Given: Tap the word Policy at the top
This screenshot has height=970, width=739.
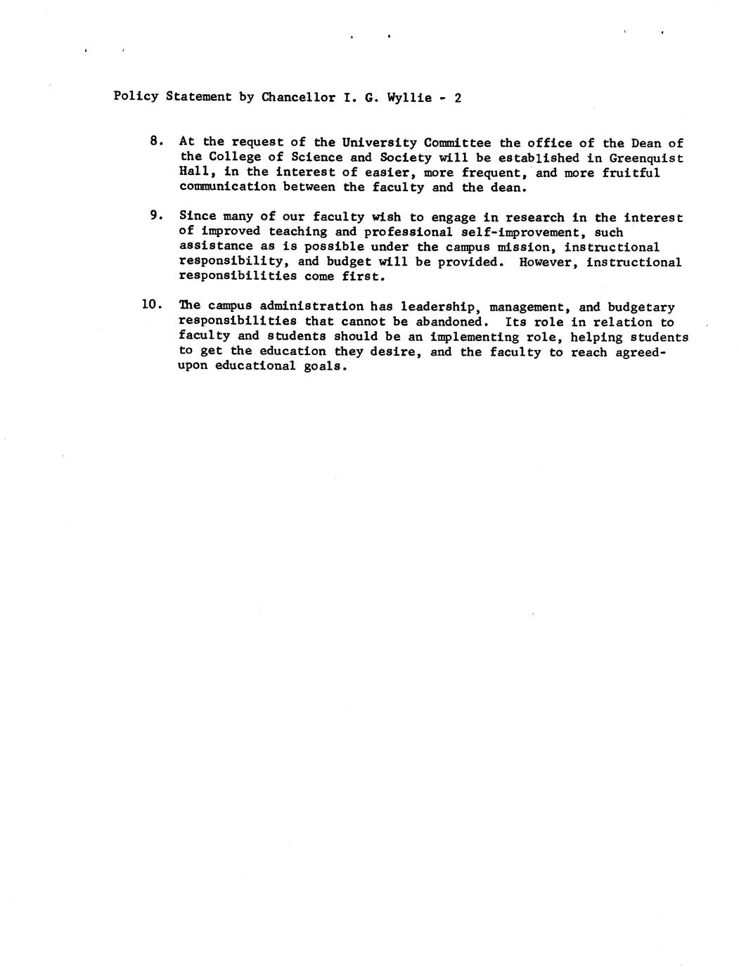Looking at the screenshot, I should pyautogui.click(x=136, y=96).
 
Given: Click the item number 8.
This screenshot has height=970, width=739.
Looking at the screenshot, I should pyautogui.click(x=156, y=141).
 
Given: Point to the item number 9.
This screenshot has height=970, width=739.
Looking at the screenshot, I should pyautogui.click(x=156, y=215).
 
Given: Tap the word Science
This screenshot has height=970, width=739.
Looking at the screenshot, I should pyautogui.click(x=316, y=157).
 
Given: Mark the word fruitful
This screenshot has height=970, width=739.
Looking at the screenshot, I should pyautogui.click(x=631, y=173).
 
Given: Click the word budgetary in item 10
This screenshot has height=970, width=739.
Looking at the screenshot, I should pyautogui.click(x=641, y=307).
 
